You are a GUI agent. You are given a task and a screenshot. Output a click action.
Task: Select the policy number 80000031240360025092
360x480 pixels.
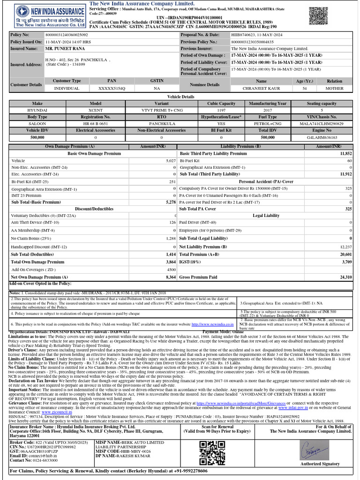(x=66, y=35)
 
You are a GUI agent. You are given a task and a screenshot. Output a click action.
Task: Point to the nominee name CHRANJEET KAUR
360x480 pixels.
(x=262, y=88)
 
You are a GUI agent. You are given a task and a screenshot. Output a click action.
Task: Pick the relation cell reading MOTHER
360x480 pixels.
(x=334, y=88)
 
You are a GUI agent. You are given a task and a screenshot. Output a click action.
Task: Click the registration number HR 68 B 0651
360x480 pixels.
(x=95, y=124)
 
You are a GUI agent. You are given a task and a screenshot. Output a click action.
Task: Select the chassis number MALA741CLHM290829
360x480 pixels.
(x=321, y=124)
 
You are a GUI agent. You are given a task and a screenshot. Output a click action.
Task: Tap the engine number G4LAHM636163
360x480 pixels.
(x=321, y=137)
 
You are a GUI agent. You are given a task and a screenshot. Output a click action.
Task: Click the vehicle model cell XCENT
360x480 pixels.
(x=95, y=110)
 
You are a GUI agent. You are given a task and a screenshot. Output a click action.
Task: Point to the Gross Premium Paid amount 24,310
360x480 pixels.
(x=345, y=277)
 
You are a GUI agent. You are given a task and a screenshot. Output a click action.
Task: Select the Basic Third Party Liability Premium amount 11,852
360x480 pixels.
(x=345, y=153)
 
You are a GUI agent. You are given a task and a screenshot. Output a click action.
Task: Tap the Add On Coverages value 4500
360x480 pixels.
(x=171, y=270)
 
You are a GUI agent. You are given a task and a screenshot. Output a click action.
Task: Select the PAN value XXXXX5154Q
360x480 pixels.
(x=112, y=88)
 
